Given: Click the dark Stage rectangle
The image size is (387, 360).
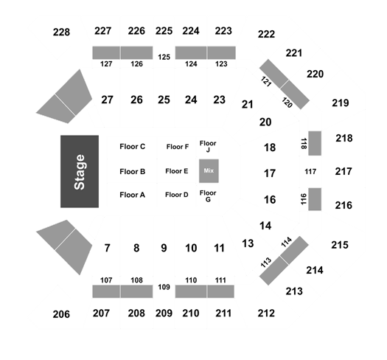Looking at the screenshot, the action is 80,171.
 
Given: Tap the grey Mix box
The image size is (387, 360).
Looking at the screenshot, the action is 209,170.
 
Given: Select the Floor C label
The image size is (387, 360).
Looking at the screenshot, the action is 132,147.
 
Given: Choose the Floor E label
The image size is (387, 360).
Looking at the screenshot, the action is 177,171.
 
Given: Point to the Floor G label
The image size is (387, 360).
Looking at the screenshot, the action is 208,196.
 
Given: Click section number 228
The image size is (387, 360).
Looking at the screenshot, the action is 61,32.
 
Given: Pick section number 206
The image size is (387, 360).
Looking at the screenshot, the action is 61,314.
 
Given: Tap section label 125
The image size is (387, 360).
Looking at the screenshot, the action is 164,57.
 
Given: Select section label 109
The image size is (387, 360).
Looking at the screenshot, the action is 164,287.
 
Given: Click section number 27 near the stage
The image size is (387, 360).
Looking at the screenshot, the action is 107,100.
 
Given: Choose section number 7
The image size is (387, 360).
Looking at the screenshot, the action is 107,248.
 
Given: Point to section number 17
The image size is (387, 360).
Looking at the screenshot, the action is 270,173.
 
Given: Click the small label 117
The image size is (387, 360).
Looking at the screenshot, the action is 310,171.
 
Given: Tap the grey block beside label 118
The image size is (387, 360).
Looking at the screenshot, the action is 315,143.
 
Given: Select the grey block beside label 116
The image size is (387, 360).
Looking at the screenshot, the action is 315,199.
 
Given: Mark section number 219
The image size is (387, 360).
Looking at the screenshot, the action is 341,103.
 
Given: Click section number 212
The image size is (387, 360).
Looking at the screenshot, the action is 266,314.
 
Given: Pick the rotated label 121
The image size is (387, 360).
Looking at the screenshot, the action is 266,82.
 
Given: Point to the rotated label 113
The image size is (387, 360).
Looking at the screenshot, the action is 266,263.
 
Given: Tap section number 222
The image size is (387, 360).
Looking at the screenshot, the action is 266,34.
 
